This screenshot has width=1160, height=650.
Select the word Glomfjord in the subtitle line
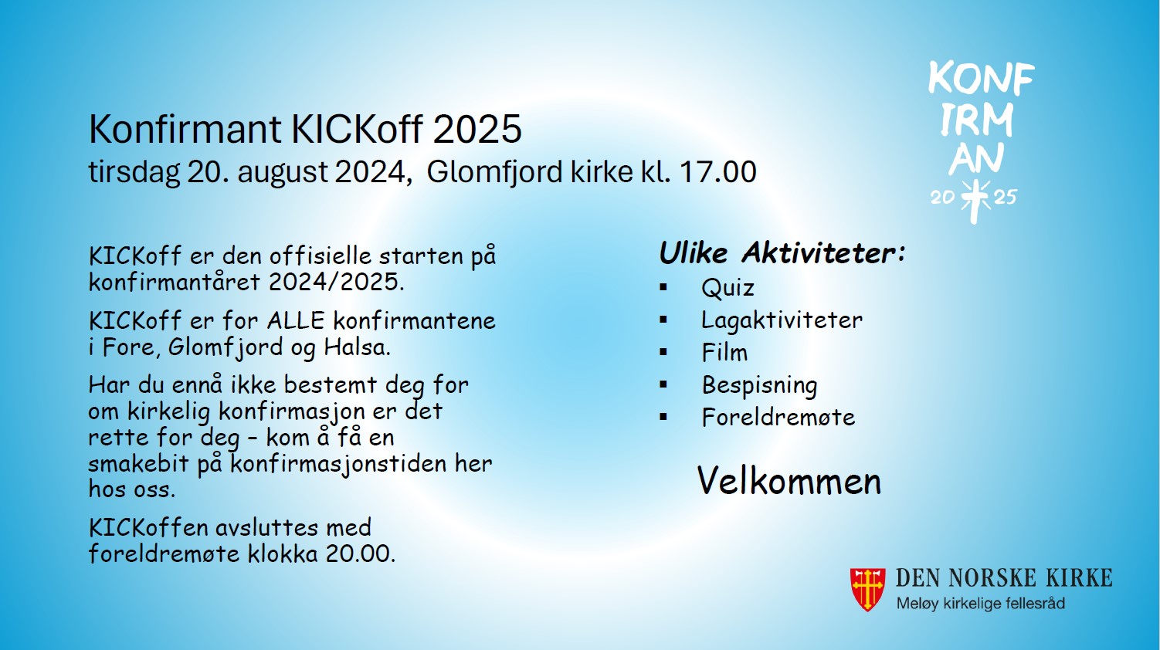coord(494,173)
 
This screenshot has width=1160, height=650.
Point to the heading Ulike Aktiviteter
coord(782,253)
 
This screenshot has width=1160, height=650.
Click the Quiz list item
coord(728,288)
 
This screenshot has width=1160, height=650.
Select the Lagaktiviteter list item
coord(782,320)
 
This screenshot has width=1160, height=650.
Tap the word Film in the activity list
coord(724,353)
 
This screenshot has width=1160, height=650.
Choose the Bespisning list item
coord(760,385)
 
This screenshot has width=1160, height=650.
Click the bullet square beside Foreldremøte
coord(663,417)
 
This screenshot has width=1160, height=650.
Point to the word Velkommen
coord(789,481)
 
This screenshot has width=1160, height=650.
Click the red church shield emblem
coord(867,590)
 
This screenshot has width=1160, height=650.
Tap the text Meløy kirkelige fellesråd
coord(981,604)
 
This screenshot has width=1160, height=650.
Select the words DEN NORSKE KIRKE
coord(1004,577)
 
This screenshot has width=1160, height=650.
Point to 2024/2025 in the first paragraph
coord(336,282)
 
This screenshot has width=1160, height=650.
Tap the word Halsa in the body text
coord(357,347)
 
